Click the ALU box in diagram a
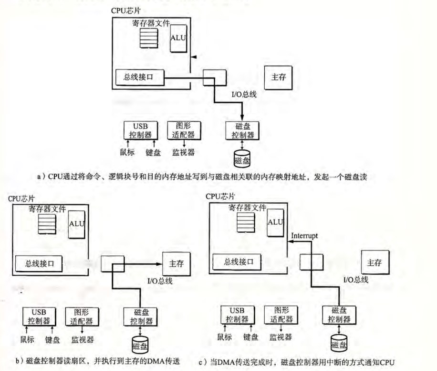click(x=178, y=39)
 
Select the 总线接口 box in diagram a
click(x=140, y=77)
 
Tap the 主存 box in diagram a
click(x=278, y=78)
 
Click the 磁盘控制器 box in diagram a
click(x=242, y=130)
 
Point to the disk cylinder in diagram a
click(x=242, y=159)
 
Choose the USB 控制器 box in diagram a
click(x=140, y=130)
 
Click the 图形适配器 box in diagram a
click(x=184, y=130)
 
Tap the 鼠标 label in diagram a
click(x=127, y=152)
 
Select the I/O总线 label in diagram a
click(x=244, y=94)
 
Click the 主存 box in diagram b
click(x=177, y=264)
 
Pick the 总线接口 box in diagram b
click(x=39, y=263)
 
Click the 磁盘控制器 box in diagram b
click(x=140, y=317)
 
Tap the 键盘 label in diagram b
click(x=52, y=340)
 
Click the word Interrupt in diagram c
click(x=304, y=236)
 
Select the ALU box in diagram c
click(x=275, y=223)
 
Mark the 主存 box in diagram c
click(x=375, y=262)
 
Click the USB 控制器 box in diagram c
click(x=238, y=315)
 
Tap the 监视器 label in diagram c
click(x=281, y=337)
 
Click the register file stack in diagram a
click(x=149, y=38)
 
